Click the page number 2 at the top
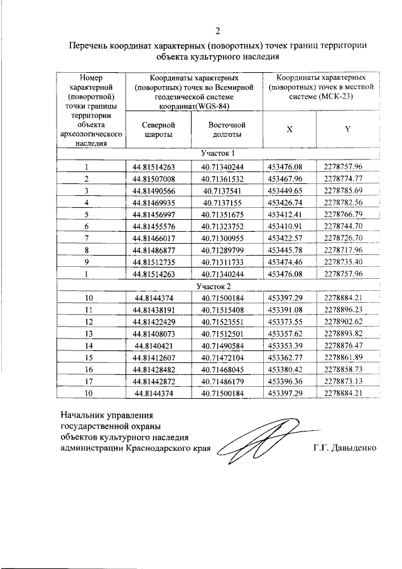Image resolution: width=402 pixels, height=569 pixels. [217, 31]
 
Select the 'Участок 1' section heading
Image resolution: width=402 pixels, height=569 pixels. [217, 154]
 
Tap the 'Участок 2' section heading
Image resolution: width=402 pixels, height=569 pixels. [217, 286]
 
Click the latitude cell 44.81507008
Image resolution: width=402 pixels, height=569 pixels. [153, 178]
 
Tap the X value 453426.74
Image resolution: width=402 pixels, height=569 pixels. [285, 202]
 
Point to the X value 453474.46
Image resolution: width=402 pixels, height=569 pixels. [285, 262]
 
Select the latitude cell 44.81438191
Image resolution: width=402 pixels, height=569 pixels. [153, 310]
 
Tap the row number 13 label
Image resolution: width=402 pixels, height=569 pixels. [89, 333]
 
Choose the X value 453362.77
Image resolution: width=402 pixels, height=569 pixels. [285, 357]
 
